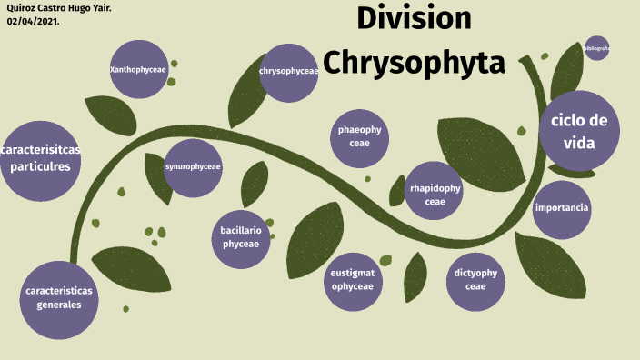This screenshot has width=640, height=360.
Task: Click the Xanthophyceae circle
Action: pos(138,70)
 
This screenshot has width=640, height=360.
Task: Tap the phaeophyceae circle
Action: pos(359,137)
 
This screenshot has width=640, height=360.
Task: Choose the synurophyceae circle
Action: pos(193,167)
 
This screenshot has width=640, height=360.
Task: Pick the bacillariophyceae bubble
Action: pos(241,238)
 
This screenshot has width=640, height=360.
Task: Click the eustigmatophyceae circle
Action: pos(353,279)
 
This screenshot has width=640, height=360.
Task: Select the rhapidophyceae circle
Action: pos(435,194)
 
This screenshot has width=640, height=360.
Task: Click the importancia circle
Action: pos(562,208)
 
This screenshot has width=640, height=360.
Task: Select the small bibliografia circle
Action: pos(597,47)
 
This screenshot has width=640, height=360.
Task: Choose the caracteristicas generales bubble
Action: pos(59,297)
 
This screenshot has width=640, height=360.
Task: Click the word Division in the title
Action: pos(414,18)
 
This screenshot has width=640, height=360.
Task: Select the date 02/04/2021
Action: pos(34,21)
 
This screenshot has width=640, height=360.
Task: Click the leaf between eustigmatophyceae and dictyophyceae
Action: pos(415,276)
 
